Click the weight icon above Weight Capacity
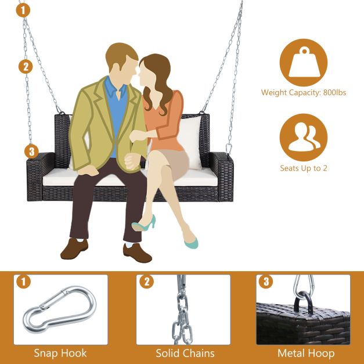coord(304,63)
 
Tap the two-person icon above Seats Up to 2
coord(304,138)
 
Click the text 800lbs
coord(334,93)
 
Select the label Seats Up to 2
coord(304,168)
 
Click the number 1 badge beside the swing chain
coord(23,10)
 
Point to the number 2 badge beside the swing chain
coord(26,67)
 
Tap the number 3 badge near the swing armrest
coord(31,152)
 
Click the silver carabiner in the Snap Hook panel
coord(59,309)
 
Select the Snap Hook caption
coord(60,354)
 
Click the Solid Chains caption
coord(185,354)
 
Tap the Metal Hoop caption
coord(306,354)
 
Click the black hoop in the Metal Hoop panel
coord(303,302)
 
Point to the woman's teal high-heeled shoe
coord(144,224)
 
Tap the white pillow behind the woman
coord(189,142)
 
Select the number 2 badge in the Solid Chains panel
coord(147,282)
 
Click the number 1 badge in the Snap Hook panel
coord(23,282)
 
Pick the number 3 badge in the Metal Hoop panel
coord(266,282)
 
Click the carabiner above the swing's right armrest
coord(229,149)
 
